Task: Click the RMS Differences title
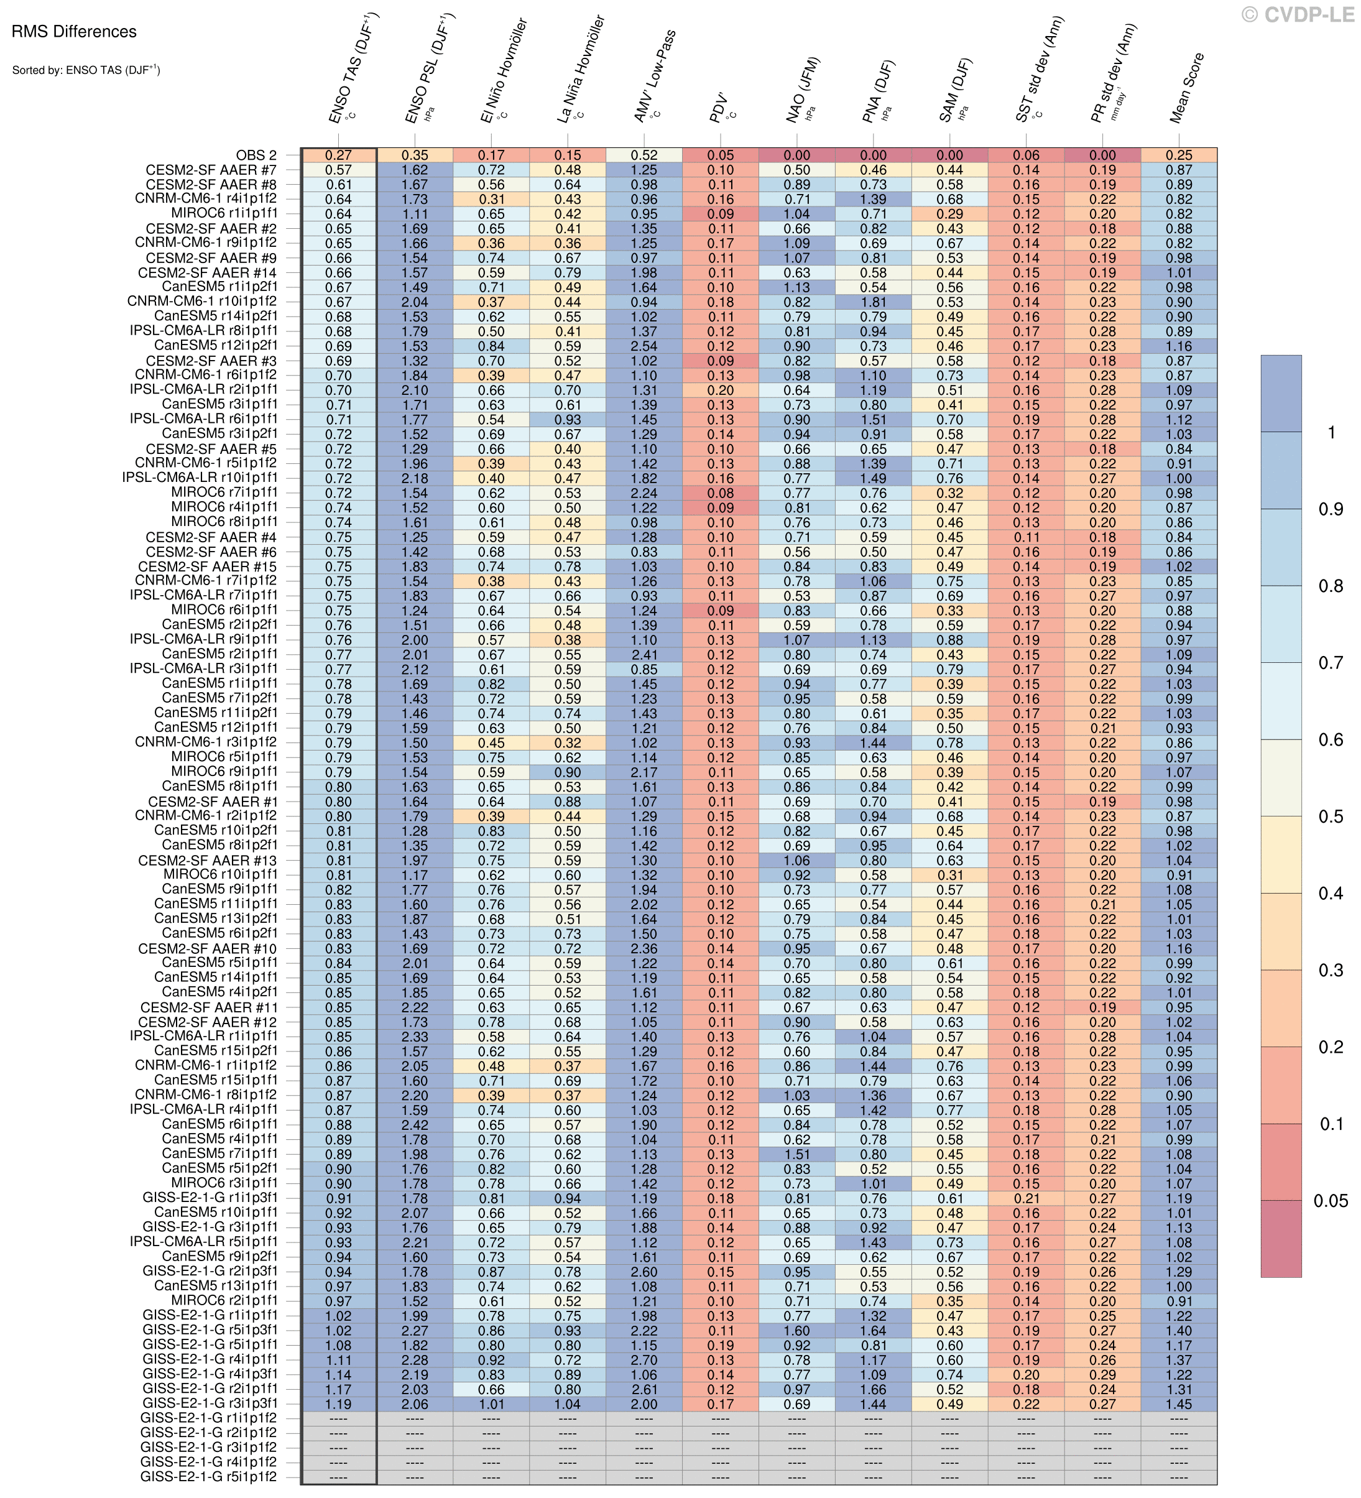point(73,32)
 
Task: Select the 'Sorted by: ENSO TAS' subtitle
point(85,71)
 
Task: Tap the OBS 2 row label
point(256,155)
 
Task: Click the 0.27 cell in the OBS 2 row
point(338,155)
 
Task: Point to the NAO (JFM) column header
point(804,89)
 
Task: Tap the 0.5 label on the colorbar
point(1330,817)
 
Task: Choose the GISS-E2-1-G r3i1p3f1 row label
point(210,1403)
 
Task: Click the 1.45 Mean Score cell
point(1179,1404)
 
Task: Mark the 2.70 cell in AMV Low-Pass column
point(644,1361)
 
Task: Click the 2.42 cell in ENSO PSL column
point(415,1125)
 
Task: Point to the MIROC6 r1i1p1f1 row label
point(224,214)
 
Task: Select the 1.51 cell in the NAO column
point(796,1155)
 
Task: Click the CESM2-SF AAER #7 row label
point(212,170)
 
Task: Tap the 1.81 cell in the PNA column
point(873,302)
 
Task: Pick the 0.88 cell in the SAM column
point(949,640)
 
